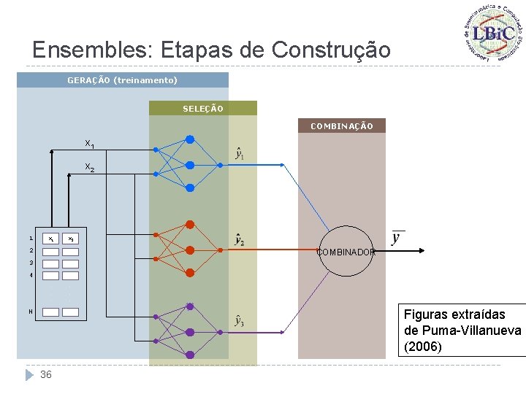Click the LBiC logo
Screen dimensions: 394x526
pos(493,33)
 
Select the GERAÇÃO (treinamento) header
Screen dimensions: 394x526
pos(122,80)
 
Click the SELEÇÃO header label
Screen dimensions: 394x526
pos(203,109)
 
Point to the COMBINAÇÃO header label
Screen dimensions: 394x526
pos(341,126)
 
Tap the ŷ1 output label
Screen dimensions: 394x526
pos(239,154)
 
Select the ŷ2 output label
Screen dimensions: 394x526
pos(239,239)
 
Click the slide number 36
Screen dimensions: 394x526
pos(46,374)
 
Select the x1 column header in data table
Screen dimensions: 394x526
pos(50,239)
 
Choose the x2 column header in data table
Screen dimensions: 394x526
pos(70,239)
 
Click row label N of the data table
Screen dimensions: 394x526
pos(31,312)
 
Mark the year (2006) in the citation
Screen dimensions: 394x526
pos(423,347)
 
